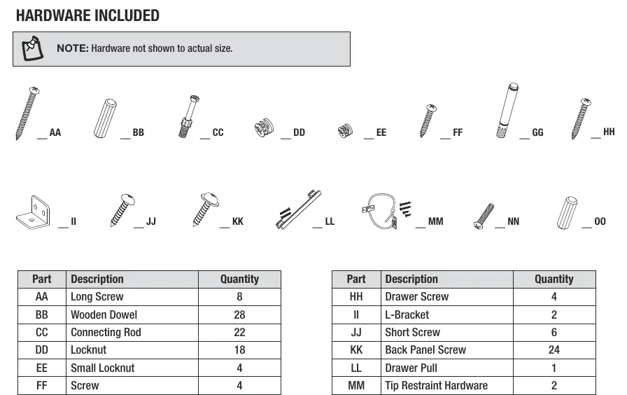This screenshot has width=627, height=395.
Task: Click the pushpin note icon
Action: tap(32, 48)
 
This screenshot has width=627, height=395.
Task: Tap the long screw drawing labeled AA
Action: tap(27, 113)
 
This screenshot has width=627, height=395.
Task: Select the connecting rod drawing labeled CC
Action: tap(189, 116)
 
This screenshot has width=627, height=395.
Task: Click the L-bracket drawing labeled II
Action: tap(33, 212)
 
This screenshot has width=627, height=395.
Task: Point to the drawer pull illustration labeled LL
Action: tap(298, 209)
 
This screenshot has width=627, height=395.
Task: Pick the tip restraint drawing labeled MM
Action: tap(386, 212)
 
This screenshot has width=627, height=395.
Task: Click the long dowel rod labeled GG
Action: tap(507, 111)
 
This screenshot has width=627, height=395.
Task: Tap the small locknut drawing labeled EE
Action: tap(345, 130)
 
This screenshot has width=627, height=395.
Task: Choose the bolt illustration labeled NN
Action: tap(484, 216)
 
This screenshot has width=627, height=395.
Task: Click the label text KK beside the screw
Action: tap(237, 221)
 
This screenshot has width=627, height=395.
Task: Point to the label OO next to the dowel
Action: tap(600, 221)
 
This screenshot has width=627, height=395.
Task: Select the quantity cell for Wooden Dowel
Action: tap(239, 314)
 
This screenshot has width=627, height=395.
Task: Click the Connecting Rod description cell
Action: tap(132, 332)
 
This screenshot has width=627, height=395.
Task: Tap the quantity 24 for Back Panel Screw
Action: tap(554, 349)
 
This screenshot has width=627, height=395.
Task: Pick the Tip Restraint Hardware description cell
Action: tap(446, 385)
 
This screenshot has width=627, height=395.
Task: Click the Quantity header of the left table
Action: tap(239, 279)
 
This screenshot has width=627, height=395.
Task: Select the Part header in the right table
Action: tap(356, 279)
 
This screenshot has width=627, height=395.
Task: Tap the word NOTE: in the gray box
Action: tap(72, 48)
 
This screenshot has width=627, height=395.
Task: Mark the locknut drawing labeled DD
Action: tap(265, 127)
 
